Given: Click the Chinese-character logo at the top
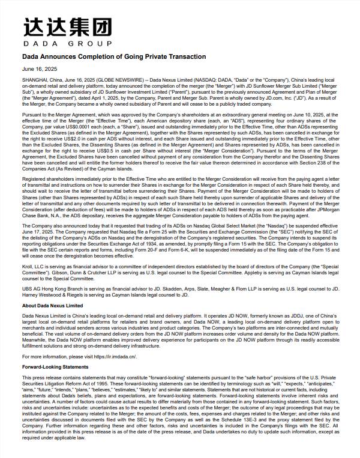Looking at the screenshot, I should pyautogui.click(x=68, y=27).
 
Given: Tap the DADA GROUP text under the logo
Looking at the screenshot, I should pyautogui.click(x=68, y=44).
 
